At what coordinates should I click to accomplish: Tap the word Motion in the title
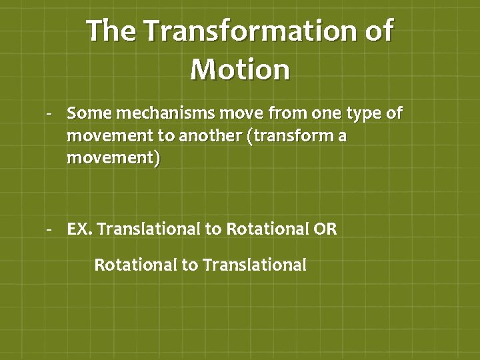coord(240,69)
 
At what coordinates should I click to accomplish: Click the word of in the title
coord(377,31)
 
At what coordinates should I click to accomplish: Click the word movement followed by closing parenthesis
coord(113,160)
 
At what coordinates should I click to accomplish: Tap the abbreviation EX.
coord(80,229)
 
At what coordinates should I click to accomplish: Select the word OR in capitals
coord(326,229)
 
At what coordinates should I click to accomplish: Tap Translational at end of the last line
coord(255,265)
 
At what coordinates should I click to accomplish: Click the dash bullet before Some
coord(49,114)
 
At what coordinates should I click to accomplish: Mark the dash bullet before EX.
coord(49,230)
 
